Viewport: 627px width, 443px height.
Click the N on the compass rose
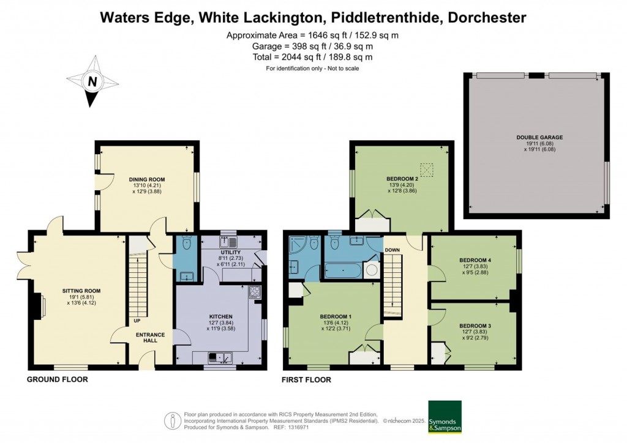point(92,81)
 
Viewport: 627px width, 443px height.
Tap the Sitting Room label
point(81,291)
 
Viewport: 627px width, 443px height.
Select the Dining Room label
point(147,179)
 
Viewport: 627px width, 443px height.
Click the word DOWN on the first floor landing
point(392,250)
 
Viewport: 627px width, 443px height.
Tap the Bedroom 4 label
point(475,260)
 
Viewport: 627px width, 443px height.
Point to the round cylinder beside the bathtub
point(370,270)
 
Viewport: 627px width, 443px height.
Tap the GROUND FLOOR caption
point(57,379)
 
